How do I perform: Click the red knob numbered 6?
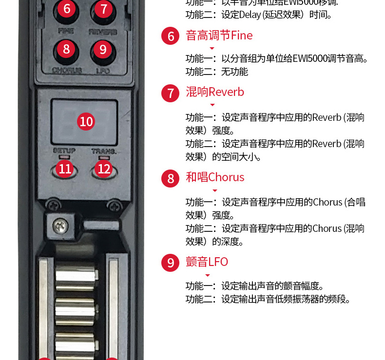pos(66,9)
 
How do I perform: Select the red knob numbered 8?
pos(66,49)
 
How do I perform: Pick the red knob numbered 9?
pos(102,49)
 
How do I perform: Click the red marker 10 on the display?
pos(86,121)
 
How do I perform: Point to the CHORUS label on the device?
pos(66,70)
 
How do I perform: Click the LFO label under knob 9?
pos(103,71)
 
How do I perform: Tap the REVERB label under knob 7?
pos(103,32)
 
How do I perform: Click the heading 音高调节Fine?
pos(219,36)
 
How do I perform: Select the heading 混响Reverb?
pos(214,92)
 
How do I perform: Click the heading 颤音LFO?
pos(207,262)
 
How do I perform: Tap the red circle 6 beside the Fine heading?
pos(171,37)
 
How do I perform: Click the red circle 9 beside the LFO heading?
pos(171,263)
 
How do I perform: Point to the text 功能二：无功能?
pos(217,72)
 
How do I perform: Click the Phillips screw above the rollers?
pos(61,225)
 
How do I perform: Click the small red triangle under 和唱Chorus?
pos(215,190)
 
